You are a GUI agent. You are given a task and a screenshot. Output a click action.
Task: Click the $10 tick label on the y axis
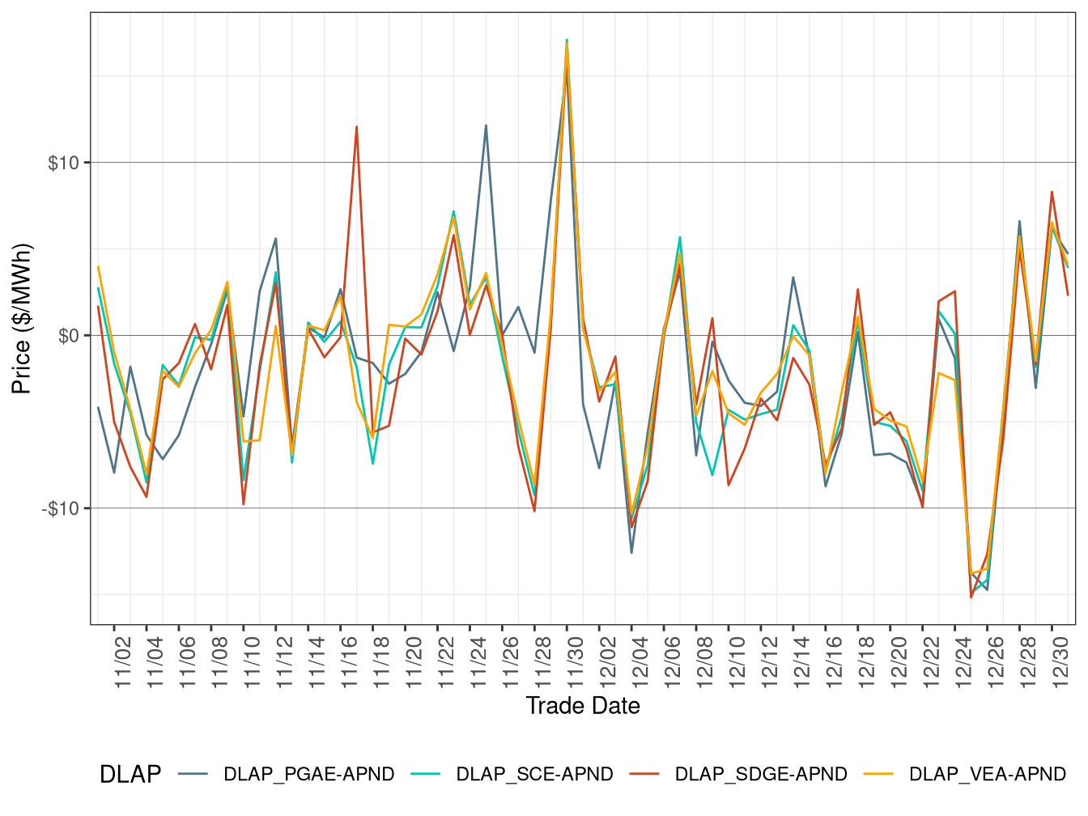click(63, 163)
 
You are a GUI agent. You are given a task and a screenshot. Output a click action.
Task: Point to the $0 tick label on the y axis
click(69, 336)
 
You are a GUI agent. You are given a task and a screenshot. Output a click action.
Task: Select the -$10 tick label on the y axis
click(61, 508)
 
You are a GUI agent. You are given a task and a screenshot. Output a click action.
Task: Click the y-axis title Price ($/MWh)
click(22, 318)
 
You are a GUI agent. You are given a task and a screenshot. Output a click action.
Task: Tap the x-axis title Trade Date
click(583, 706)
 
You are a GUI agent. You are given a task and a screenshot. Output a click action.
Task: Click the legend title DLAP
click(130, 775)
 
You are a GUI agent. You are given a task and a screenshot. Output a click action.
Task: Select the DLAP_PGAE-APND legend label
click(309, 775)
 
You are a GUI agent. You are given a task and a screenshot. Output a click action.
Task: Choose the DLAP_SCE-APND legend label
click(534, 775)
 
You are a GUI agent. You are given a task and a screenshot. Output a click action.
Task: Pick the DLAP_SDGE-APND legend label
click(761, 775)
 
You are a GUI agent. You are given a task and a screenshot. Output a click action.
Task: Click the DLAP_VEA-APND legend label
click(988, 775)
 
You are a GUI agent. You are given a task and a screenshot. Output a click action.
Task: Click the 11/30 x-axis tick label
click(576, 662)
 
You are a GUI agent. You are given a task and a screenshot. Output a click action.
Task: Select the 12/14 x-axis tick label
click(802, 662)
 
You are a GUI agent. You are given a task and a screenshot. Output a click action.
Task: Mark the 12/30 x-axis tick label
click(1060, 662)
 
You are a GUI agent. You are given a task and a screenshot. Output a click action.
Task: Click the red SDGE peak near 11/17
click(356, 126)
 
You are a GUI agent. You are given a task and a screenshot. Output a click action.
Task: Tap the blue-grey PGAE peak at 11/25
click(486, 125)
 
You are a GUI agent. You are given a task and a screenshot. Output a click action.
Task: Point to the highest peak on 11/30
click(567, 40)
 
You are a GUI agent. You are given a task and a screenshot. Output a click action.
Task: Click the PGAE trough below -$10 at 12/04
click(631, 552)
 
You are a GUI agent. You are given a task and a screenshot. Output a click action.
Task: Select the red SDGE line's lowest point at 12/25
click(971, 597)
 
